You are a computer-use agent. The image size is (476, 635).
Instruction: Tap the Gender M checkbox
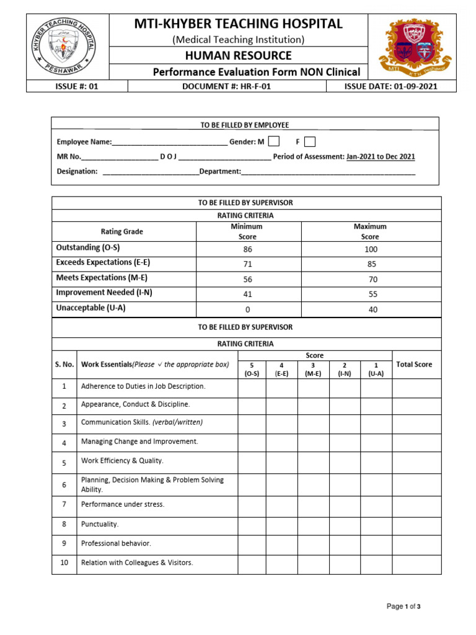[x=274, y=141]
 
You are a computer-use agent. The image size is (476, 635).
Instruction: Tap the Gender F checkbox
[x=310, y=141]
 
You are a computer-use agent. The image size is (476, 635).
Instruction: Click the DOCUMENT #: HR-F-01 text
[x=226, y=87]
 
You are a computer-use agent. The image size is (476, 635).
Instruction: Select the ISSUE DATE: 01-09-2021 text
[x=390, y=87]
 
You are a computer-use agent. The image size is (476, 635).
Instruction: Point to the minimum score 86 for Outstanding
[x=248, y=249]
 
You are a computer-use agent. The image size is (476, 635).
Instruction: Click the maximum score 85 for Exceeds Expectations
[x=372, y=264]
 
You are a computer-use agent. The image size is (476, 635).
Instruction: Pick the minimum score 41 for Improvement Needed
[x=248, y=295]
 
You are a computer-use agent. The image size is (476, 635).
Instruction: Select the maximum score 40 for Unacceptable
[x=372, y=309]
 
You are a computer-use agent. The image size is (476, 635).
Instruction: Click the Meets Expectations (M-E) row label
[x=102, y=278]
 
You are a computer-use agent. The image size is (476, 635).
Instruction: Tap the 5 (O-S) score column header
[x=252, y=370]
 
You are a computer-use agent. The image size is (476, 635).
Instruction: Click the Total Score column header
[x=414, y=365]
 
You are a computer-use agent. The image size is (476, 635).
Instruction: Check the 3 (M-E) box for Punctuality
[x=314, y=524]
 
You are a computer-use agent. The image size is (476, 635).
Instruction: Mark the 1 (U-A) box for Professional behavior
[x=376, y=543]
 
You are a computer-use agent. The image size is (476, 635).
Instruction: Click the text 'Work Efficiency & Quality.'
[x=122, y=461]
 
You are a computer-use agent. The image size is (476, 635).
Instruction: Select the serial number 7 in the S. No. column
[x=64, y=505]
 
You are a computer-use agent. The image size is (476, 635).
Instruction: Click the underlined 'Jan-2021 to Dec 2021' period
[x=381, y=157]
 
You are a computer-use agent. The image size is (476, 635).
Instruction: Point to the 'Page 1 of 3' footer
[x=403, y=606]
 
